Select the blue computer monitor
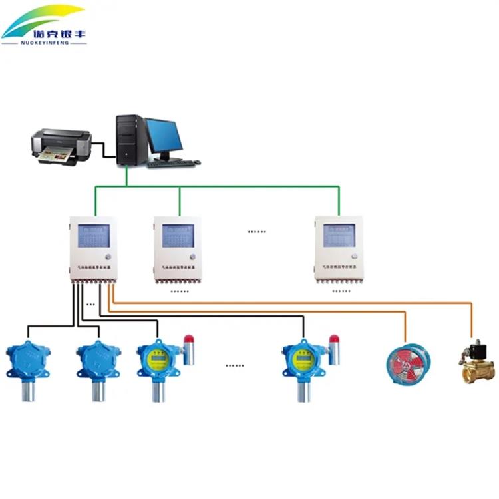(x=164, y=136)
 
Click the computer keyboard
(x=174, y=162)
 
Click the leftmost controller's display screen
(x=92, y=236)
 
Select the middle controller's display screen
(x=178, y=236)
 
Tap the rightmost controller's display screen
(x=339, y=235)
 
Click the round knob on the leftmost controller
(x=108, y=257)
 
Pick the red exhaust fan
(x=409, y=359)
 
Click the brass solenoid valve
(x=478, y=362)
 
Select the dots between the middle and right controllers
(x=257, y=232)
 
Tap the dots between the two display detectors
(x=234, y=365)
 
